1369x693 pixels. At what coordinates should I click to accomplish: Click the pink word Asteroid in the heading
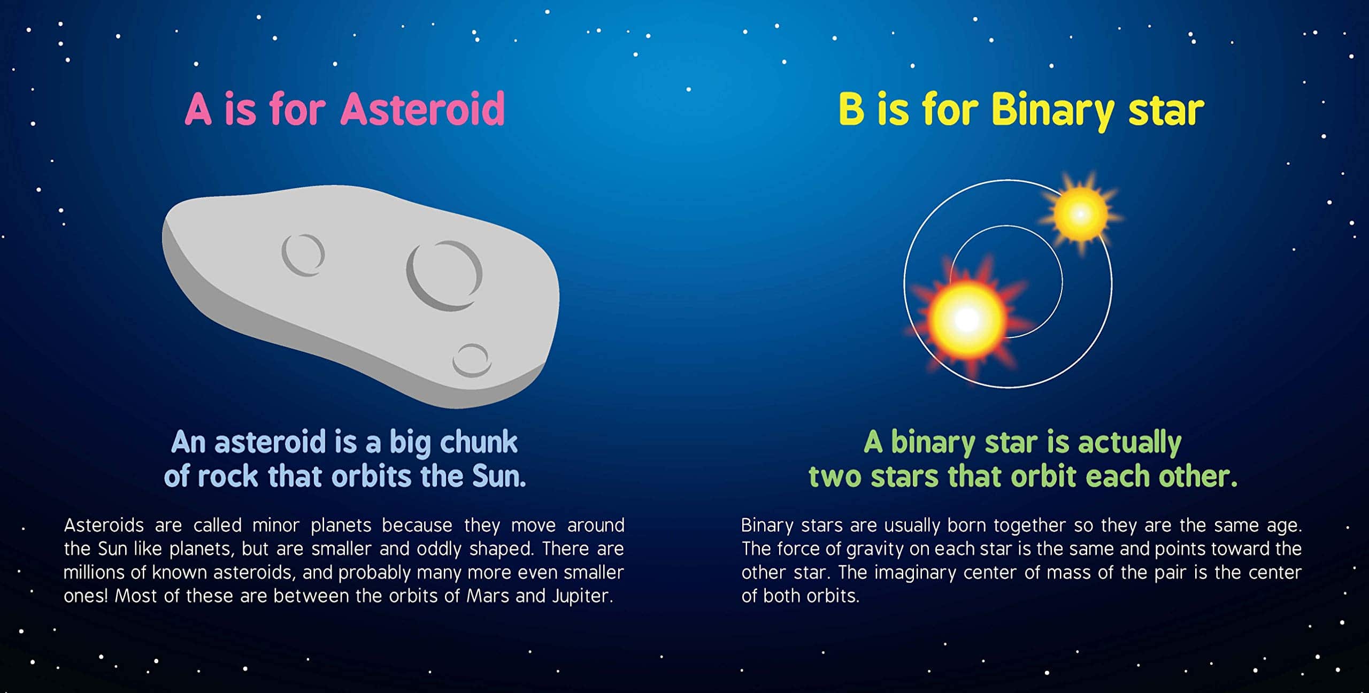422,109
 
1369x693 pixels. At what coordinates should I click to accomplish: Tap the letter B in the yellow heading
851,109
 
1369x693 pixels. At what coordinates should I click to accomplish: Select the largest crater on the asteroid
444,275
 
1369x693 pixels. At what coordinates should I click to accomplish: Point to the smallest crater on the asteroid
471,360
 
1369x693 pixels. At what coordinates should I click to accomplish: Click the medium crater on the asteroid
303,255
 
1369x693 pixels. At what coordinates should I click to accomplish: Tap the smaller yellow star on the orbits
1080,214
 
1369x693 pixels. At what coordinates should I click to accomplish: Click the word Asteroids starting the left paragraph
104,525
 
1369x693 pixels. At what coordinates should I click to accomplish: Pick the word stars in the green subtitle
904,476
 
